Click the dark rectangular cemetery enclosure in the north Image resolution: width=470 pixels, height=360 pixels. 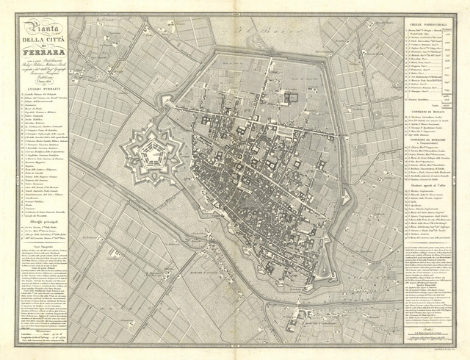pos(292,96)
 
